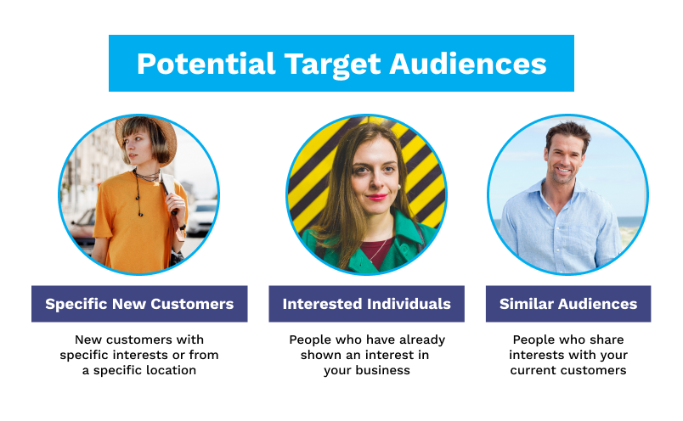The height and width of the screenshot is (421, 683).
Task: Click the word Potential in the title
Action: [x=206, y=64]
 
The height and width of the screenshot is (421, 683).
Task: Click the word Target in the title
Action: [x=333, y=65]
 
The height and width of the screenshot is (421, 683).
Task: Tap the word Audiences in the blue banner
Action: [x=468, y=64]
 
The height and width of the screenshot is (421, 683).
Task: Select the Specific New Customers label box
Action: [x=139, y=304]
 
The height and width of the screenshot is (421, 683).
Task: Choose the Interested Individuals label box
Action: [x=366, y=304]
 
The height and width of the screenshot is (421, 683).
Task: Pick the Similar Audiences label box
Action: [x=568, y=304]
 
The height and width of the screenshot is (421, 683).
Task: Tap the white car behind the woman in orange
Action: [x=201, y=217]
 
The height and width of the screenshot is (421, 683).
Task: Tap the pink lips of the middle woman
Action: [x=376, y=197]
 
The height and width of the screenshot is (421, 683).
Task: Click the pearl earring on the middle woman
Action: [x=398, y=188]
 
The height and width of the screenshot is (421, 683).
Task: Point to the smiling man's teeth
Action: [x=563, y=171]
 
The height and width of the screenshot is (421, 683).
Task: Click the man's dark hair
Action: [x=568, y=132]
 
